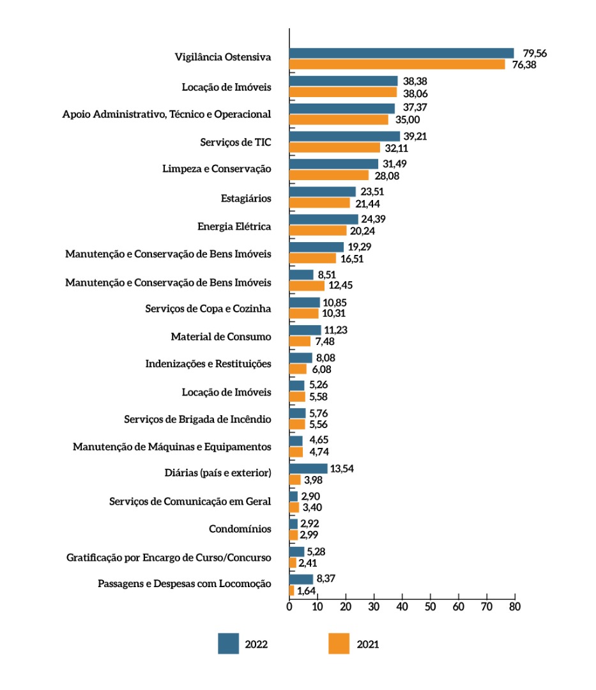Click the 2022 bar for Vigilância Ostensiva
(x=401, y=53)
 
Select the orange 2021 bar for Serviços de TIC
(x=335, y=148)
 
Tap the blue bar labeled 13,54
(x=308, y=468)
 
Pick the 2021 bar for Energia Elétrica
(x=317, y=231)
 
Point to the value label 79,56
(x=535, y=53)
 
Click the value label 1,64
(x=307, y=591)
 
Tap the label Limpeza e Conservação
(x=217, y=169)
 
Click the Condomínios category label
(x=240, y=529)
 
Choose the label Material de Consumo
(x=220, y=337)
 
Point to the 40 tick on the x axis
(x=402, y=606)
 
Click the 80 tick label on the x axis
(x=514, y=606)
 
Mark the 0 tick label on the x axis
(x=289, y=606)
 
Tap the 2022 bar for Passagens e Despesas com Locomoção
(x=301, y=579)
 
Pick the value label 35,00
(x=405, y=119)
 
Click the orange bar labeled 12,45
(x=307, y=286)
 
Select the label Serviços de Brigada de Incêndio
(x=197, y=419)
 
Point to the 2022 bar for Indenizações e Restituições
(x=300, y=358)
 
